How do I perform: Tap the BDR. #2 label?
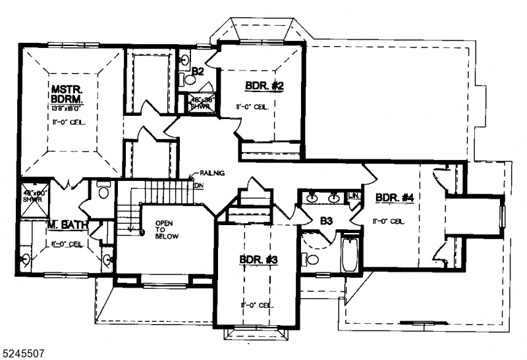264,86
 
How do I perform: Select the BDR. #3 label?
258,261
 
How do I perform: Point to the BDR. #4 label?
395,197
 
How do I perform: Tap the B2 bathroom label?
197,70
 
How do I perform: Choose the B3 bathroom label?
326,221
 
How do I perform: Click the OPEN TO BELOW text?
165,232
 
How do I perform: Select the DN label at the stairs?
199,185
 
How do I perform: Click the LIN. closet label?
354,195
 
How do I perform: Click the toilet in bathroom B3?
310,257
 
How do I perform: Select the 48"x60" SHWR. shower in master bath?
34,197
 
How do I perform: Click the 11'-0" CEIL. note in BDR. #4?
388,221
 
